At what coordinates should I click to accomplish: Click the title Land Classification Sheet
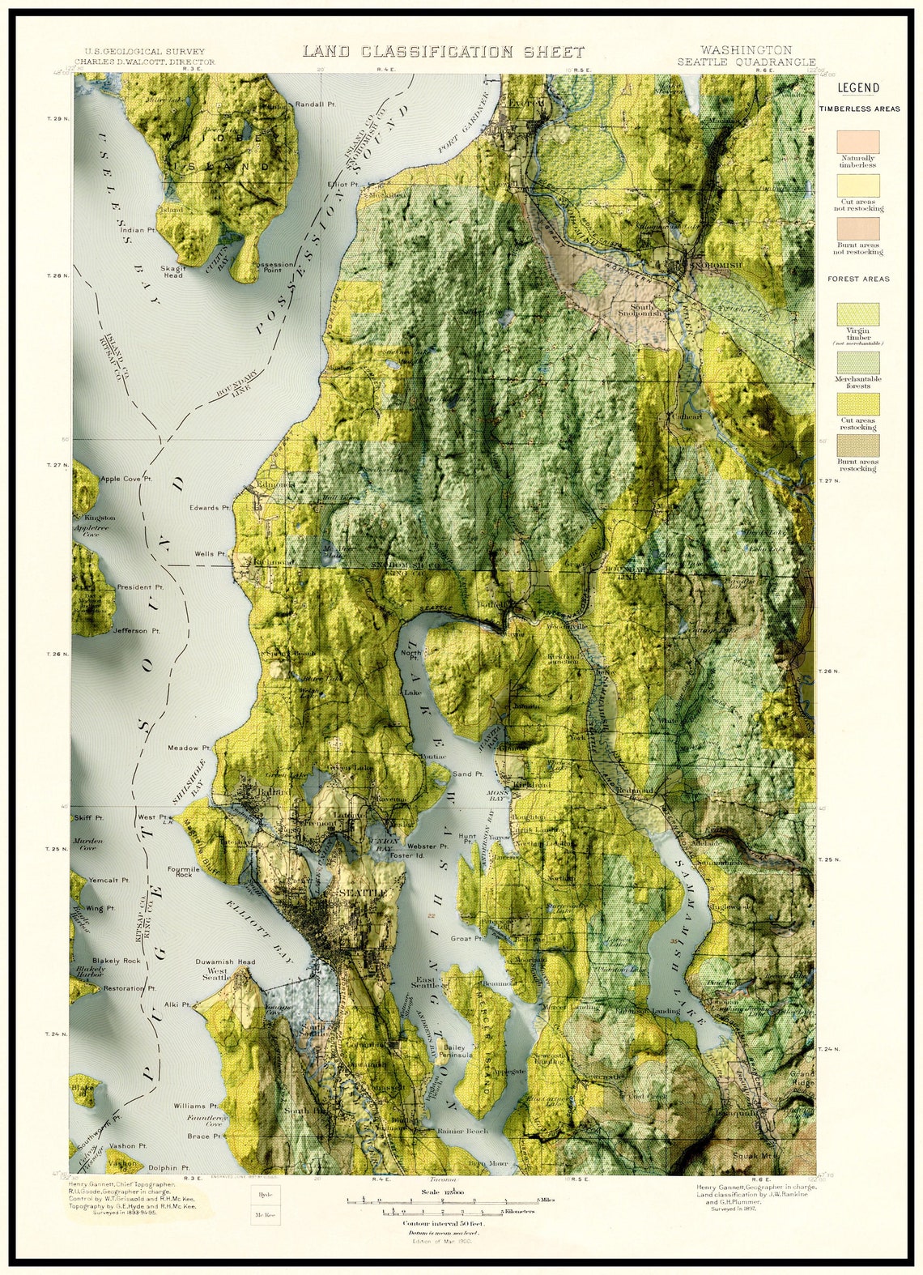click(443, 52)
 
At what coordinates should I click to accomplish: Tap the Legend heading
click(858, 88)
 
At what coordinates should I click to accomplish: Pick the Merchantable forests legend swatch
click(858, 362)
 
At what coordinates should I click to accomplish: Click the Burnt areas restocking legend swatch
click(858, 446)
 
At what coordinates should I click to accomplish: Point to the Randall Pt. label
click(315, 104)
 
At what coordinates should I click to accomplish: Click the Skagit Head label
click(173, 271)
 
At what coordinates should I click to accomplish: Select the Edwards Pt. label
click(209, 508)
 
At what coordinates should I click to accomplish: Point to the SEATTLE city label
click(362, 892)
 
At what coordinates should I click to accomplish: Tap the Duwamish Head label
click(225, 962)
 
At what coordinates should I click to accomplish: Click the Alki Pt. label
click(177, 1004)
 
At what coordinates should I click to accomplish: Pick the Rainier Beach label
click(462, 1131)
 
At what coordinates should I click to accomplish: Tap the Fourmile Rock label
click(184, 872)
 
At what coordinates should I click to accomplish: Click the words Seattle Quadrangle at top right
click(746, 62)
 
